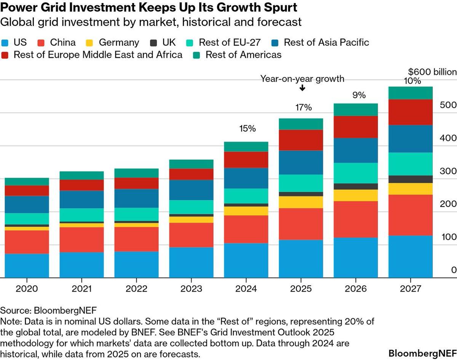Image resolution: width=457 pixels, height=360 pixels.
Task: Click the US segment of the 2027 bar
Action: [411, 256]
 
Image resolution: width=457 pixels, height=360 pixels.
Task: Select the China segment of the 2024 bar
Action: [246, 229]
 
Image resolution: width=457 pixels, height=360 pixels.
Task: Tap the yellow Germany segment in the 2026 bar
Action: [356, 195]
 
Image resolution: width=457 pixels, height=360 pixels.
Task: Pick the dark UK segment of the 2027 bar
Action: [411, 179]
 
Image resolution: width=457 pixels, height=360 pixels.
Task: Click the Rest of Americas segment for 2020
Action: [27, 182]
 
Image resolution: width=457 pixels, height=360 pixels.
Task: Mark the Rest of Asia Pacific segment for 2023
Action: [191, 190]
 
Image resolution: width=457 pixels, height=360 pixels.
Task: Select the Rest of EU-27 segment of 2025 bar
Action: [301, 183]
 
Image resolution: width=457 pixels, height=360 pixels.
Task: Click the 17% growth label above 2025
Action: [304, 108]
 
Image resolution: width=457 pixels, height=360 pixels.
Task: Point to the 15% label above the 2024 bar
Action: [248, 129]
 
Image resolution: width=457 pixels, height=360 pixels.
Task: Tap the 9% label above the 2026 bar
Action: [358, 95]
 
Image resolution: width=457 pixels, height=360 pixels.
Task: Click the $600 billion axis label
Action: [432, 72]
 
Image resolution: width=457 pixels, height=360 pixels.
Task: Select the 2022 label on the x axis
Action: [136, 289]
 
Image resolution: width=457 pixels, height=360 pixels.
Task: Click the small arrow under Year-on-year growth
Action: [302, 88]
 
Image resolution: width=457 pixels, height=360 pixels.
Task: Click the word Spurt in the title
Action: [277, 8]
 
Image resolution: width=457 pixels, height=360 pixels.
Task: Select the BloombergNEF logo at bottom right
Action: [420, 352]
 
